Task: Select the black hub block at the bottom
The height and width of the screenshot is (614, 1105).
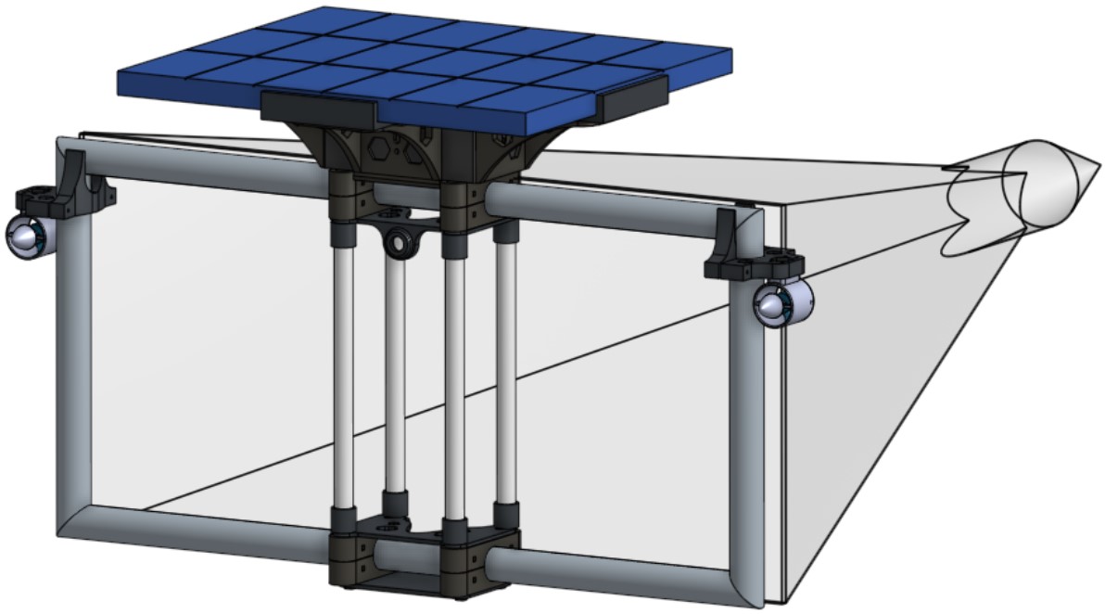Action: click(x=422, y=556)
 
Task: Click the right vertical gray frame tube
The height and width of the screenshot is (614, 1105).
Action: click(x=745, y=427)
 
